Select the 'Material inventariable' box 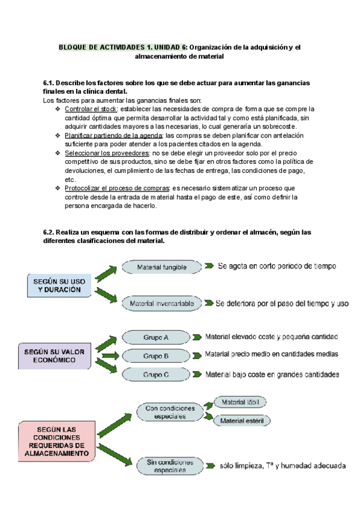[x=161, y=304]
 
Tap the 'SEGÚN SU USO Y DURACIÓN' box [x=58, y=285]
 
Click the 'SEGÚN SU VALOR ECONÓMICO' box [x=55, y=356]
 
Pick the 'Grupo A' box [x=156, y=337]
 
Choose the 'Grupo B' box [x=156, y=356]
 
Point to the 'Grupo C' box [x=156, y=375]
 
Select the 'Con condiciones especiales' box [x=169, y=412]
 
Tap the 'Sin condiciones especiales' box [x=169, y=466]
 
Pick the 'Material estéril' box [x=241, y=421]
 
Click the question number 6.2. [x=49, y=232]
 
